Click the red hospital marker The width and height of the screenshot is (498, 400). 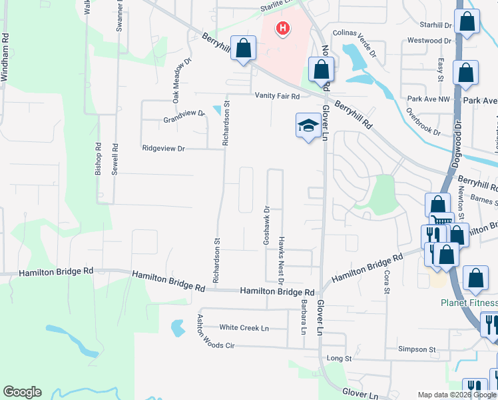[283, 29]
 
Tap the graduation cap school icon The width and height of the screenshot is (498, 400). [308, 125]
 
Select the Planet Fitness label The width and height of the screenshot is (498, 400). [469, 303]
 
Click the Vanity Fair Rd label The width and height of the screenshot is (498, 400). [278, 96]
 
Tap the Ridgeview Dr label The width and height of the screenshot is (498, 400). [163, 149]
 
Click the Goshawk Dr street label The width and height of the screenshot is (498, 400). [266, 224]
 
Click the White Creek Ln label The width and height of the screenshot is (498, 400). [244, 328]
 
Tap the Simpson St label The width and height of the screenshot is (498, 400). [416, 349]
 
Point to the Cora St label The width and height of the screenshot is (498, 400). [386, 281]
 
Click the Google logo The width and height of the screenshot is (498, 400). [22, 392]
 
